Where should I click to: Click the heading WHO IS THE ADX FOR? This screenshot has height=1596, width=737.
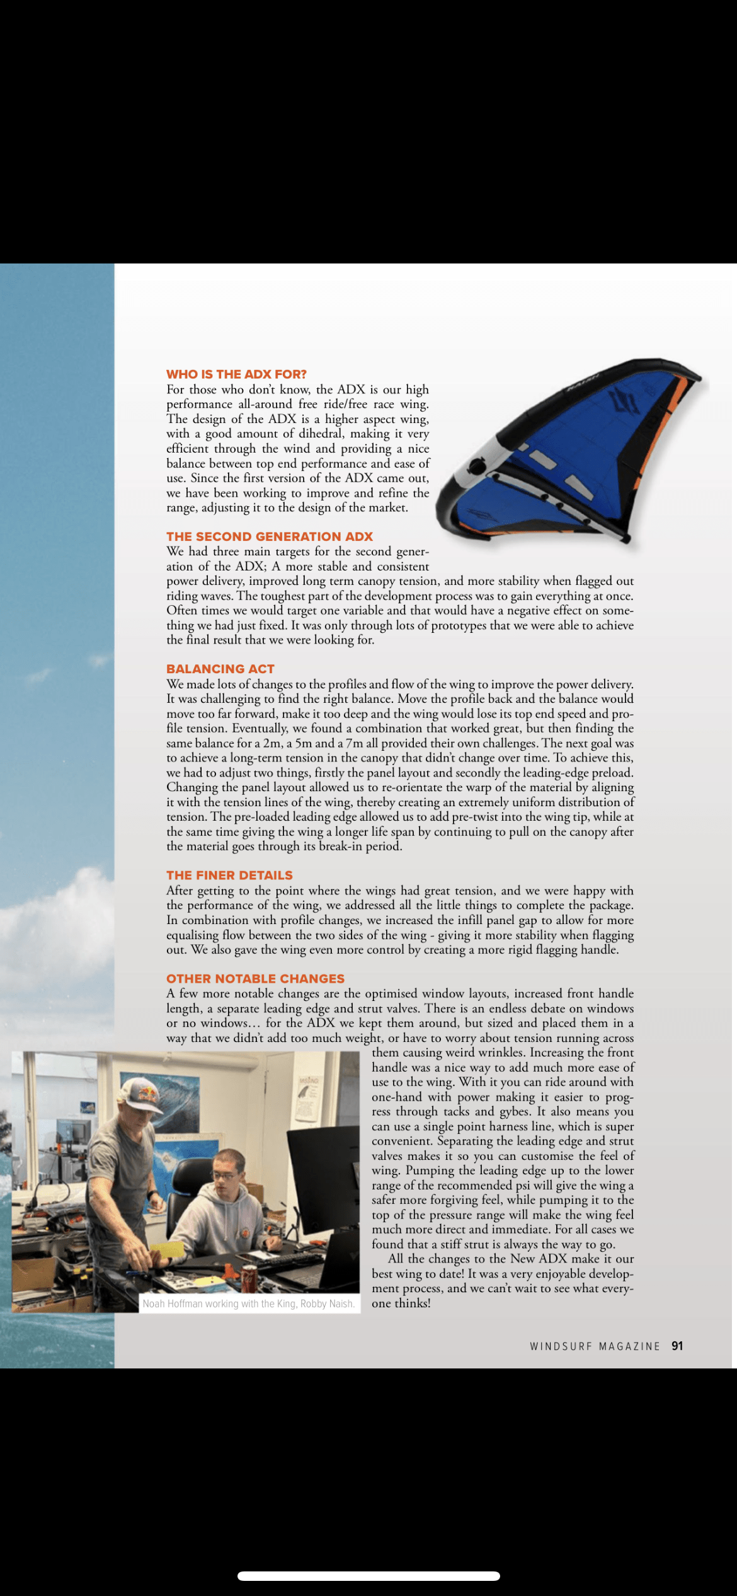pos(236,374)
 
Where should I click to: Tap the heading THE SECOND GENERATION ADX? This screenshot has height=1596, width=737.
pos(270,536)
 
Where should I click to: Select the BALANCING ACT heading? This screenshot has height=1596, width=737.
pos(220,669)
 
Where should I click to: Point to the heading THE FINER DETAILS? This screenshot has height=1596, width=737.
pos(229,875)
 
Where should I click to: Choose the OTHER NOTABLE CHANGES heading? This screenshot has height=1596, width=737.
pos(255,978)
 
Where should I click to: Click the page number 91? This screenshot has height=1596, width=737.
pos(677,1346)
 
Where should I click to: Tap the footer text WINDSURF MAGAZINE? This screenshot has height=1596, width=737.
pos(595,1346)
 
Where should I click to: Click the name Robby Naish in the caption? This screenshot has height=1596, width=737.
pos(327,1304)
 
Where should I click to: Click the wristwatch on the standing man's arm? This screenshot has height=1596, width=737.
pos(151,1194)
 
